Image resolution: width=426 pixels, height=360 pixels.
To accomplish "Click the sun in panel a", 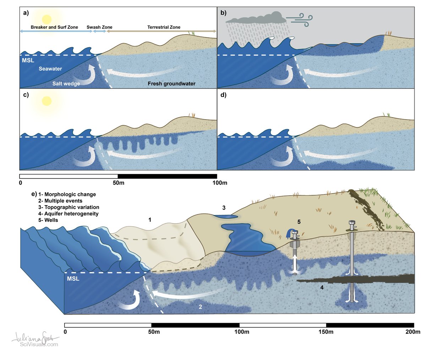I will [x=47, y=19].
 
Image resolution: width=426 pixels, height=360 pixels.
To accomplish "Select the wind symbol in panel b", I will [x=299, y=18].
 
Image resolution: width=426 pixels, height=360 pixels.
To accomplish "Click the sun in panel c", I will [x=47, y=101].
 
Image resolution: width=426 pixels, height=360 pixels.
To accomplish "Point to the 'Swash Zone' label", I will [x=99, y=27].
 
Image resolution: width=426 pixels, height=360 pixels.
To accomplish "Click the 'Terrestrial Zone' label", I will [x=164, y=27].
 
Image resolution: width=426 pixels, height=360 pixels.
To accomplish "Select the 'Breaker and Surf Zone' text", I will [x=54, y=27].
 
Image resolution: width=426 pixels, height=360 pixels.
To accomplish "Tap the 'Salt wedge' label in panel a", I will [x=66, y=84].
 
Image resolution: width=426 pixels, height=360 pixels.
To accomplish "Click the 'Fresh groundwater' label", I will [x=171, y=84].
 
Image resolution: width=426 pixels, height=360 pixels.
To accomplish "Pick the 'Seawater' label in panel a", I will [x=50, y=69].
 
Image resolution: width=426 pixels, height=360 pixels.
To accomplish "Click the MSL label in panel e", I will [x=73, y=279].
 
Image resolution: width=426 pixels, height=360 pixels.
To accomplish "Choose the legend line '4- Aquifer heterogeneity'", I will [x=68, y=214].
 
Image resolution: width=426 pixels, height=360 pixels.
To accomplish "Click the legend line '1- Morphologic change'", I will [x=67, y=195].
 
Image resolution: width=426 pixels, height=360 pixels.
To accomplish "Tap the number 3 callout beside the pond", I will [x=224, y=208].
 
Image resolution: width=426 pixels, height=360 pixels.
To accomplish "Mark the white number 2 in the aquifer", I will [x=200, y=307].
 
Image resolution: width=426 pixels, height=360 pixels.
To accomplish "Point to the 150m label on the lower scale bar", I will [x=326, y=332].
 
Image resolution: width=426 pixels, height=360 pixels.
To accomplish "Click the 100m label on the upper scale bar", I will [x=220, y=183].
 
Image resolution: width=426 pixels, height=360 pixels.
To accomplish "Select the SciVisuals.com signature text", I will [x=39, y=344].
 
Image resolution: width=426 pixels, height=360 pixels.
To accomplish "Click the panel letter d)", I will [x=223, y=95].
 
